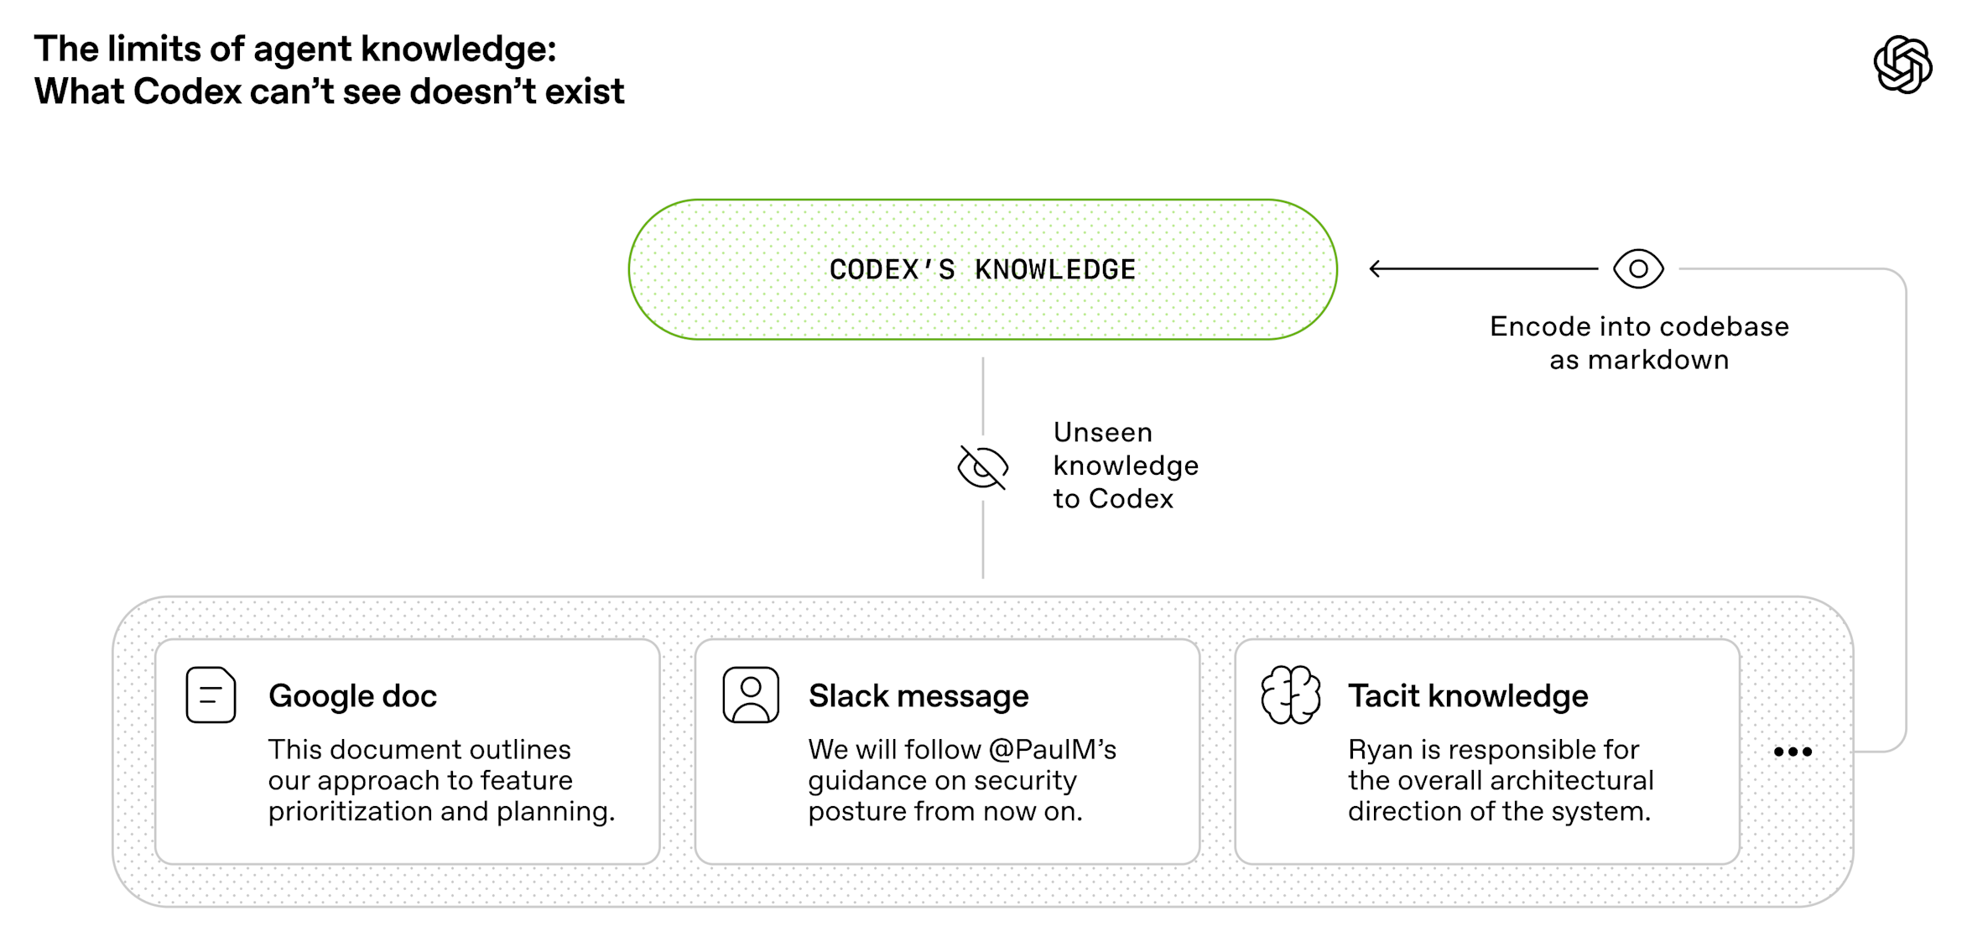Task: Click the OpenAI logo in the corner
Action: click(x=1902, y=65)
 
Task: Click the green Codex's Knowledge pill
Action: click(x=982, y=269)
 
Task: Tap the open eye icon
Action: click(x=1638, y=269)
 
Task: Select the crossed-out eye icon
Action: click(x=982, y=467)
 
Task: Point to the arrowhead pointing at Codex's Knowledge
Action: click(x=1375, y=268)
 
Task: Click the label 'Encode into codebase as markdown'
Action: click(x=1639, y=343)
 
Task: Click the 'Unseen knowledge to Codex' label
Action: click(x=1126, y=466)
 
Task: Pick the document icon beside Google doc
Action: click(x=211, y=695)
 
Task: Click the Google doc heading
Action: click(x=352, y=696)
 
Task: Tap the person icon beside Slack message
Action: click(x=751, y=695)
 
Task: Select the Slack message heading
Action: click(x=918, y=696)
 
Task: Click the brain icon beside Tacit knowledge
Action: click(x=1291, y=695)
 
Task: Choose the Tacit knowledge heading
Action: click(x=1468, y=696)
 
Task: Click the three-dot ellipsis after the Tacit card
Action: click(x=1793, y=752)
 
